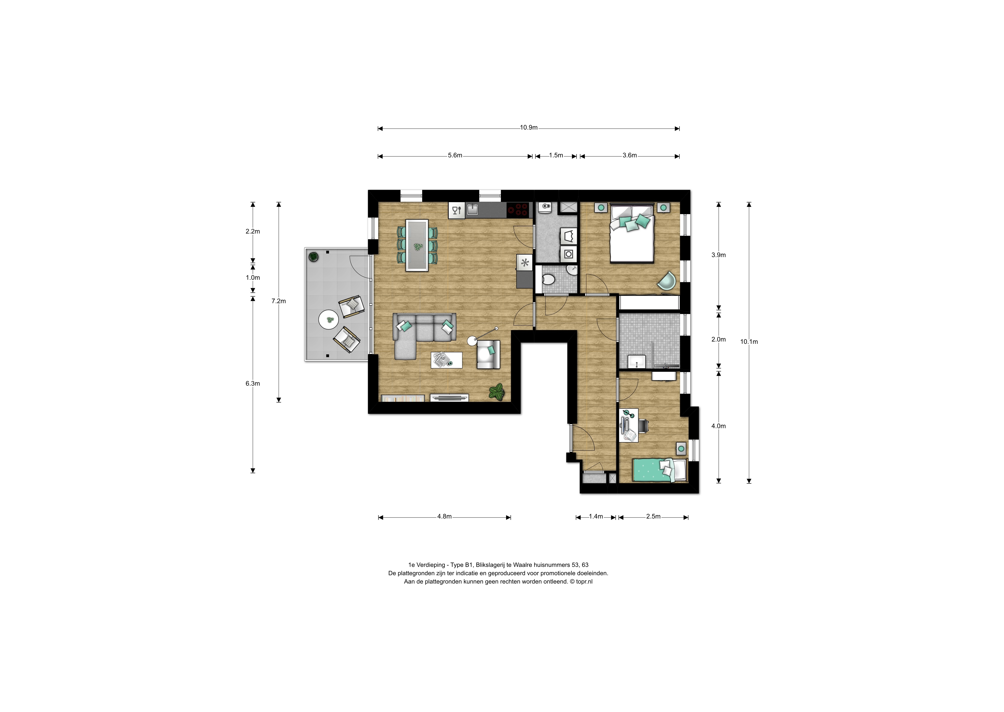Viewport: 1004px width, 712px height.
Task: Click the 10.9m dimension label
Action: pyautogui.click(x=529, y=128)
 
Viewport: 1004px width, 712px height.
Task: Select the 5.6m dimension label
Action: pyautogui.click(x=455, y=155)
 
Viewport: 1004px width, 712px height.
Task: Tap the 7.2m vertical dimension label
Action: pyautogui.click(x=278, y=301)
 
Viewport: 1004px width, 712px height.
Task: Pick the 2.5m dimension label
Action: pyautogui.click(x=653, y=516)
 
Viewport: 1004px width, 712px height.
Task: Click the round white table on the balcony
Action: pyautogui.click(x=329, y=320)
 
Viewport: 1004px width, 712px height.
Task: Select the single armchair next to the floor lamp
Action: pyautogui.click(x=489, y=354)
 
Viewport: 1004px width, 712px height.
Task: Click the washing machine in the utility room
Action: pyautogui.click(x=569, y=254)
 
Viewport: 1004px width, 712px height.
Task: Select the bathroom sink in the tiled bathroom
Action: pyautogui.click(x=637, y=362)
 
